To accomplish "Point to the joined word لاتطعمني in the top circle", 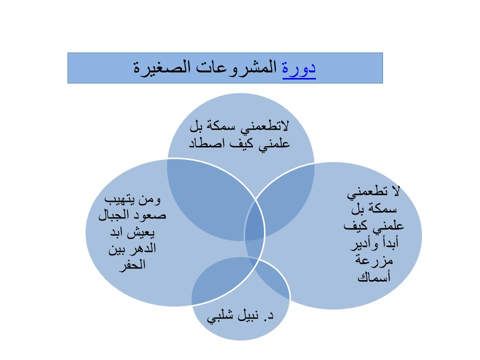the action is pyautogui.click(x=264, y=126).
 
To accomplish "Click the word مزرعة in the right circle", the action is pyautogui.click(x=374, y=260).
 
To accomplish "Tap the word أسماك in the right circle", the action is pyautogui.click(x=374, y=277).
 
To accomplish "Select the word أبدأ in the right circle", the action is pyautogui.click(x=389, y=243).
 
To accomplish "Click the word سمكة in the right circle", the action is pyautogui.click(x=382, y=209).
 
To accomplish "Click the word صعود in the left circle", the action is pyautogui.click(x=149, y=215).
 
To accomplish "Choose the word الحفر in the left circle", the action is pyautogui.click(x=132, y=264).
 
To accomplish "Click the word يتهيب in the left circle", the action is pyautogui.click(x=119, y=199).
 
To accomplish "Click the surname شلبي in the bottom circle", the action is pyautogui.click(x=219, y=316).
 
